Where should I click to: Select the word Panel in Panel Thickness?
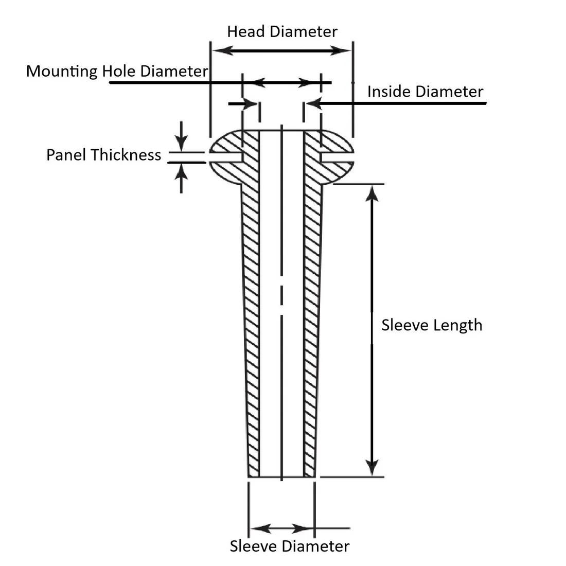66,155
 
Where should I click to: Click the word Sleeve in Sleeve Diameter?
253,546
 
